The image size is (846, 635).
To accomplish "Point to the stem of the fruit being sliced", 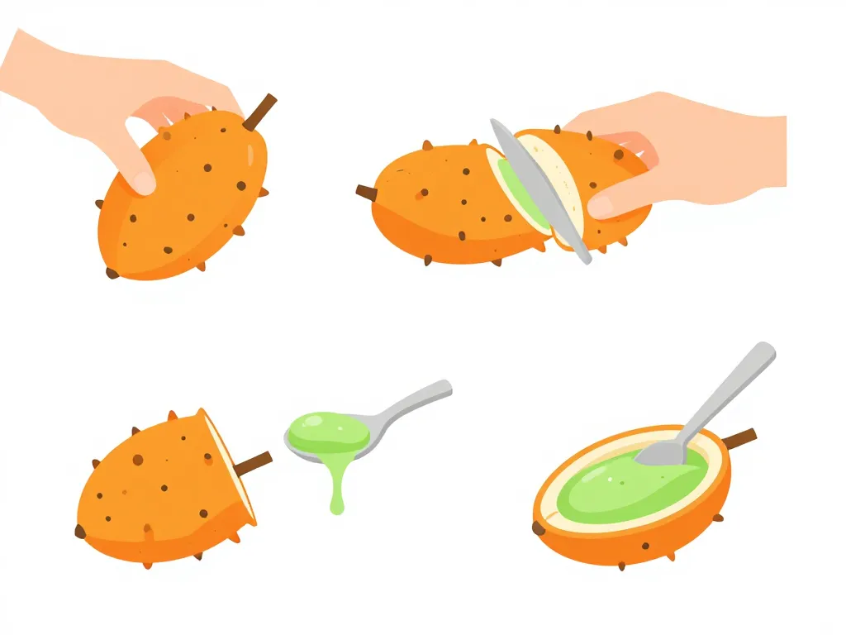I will (x=366, y=193).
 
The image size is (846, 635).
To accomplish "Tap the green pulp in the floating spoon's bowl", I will (x=326, y=429).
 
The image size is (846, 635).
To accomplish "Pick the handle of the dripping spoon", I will (x=413, y=400).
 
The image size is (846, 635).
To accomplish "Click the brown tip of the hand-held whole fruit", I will (x=111, y=272).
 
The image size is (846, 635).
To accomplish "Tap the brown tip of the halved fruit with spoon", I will (x=539, y=528).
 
